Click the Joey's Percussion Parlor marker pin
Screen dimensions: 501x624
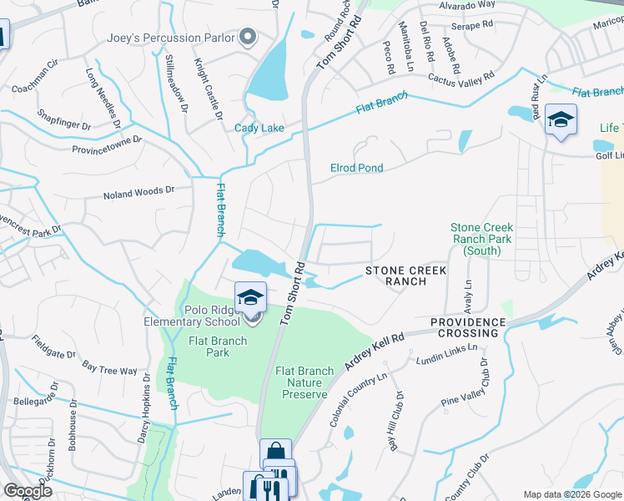click(x=247, y=37)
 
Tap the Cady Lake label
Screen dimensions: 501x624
click(x=259, y=128)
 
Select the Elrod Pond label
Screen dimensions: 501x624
click(x=356, y=168)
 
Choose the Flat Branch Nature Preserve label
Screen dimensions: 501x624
click(x=304, y=382)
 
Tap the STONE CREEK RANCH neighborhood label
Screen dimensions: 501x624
click(x=405, y=276)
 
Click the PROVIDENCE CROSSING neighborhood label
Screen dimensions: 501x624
click(x=468, y=327)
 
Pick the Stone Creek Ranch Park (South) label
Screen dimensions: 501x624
click(x=481, y=239)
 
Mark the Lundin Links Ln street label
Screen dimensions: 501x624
click(x=447, y=353)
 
